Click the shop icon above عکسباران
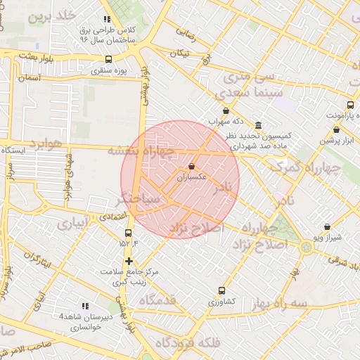coord(192,167)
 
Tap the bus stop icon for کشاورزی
coord(222,290)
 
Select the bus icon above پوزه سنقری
coord(108,60)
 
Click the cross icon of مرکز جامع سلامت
coord(128,262)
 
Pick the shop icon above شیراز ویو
coord(328,227)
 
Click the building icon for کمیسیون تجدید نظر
coord(259,125)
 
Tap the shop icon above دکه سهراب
coord(226,111)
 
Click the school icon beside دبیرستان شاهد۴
coord(85,306)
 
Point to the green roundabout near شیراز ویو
coord(307,247)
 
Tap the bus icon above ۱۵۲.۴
coord(128,233)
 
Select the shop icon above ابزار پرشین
coord(337,129)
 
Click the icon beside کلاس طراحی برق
coord(106,20)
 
